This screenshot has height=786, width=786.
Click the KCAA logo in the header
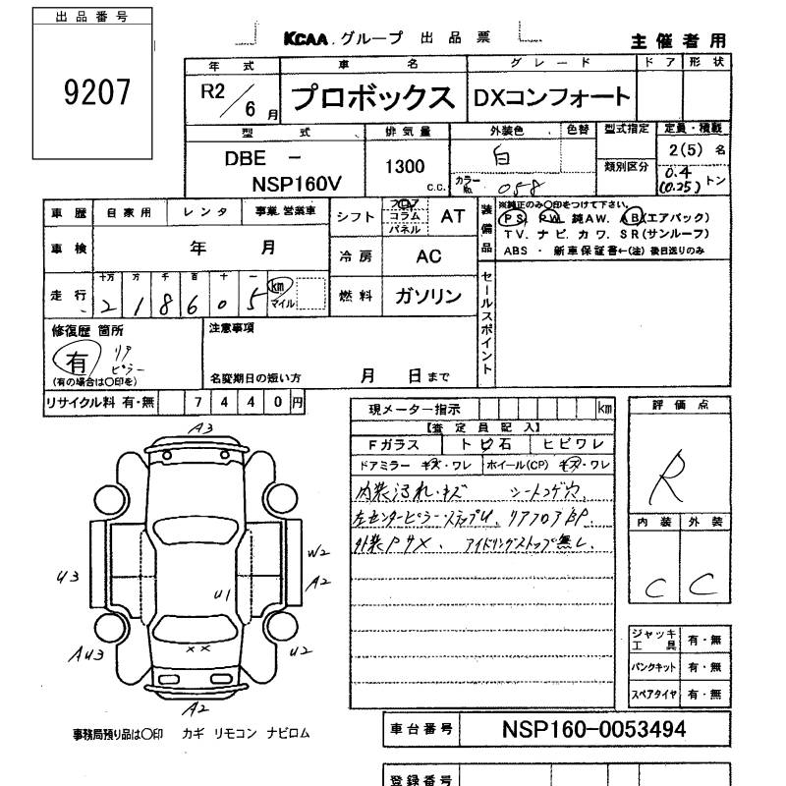coord(307,39)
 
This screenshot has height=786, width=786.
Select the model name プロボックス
coord(373,98)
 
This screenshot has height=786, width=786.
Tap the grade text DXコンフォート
coord(551,97)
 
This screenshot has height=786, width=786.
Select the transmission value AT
coord(452,218)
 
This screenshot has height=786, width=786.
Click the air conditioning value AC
coord(427,255)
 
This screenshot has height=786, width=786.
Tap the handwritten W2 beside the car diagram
coord(316,553)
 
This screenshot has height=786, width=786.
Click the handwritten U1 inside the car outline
coord(222,593)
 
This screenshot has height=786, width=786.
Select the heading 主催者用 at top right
coord(678,40)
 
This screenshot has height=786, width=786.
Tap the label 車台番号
coord(420,729)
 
